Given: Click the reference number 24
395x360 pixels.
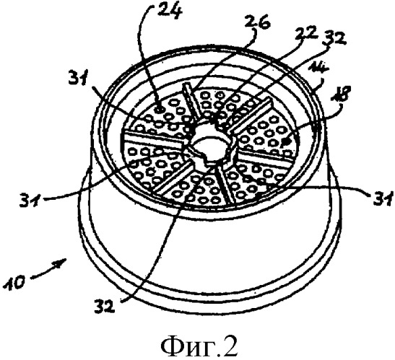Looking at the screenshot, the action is pyautogui.click(x=170, y=10).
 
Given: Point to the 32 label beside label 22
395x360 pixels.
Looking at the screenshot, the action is pyautogui.click(x=335, y=39).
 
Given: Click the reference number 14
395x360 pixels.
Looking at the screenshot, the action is pyautogui.click(x=318, y=67).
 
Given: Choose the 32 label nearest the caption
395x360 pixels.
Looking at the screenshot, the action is pyautogui.click(x=105, y=305).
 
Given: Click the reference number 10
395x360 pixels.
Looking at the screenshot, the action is pyautogui.click(x=15, y=283).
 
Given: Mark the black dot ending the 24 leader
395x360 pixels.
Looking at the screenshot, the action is pyautogui.click(x=159, y=109).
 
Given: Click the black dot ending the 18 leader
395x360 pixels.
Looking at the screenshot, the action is pyautogui.click(x=285, y=142).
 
